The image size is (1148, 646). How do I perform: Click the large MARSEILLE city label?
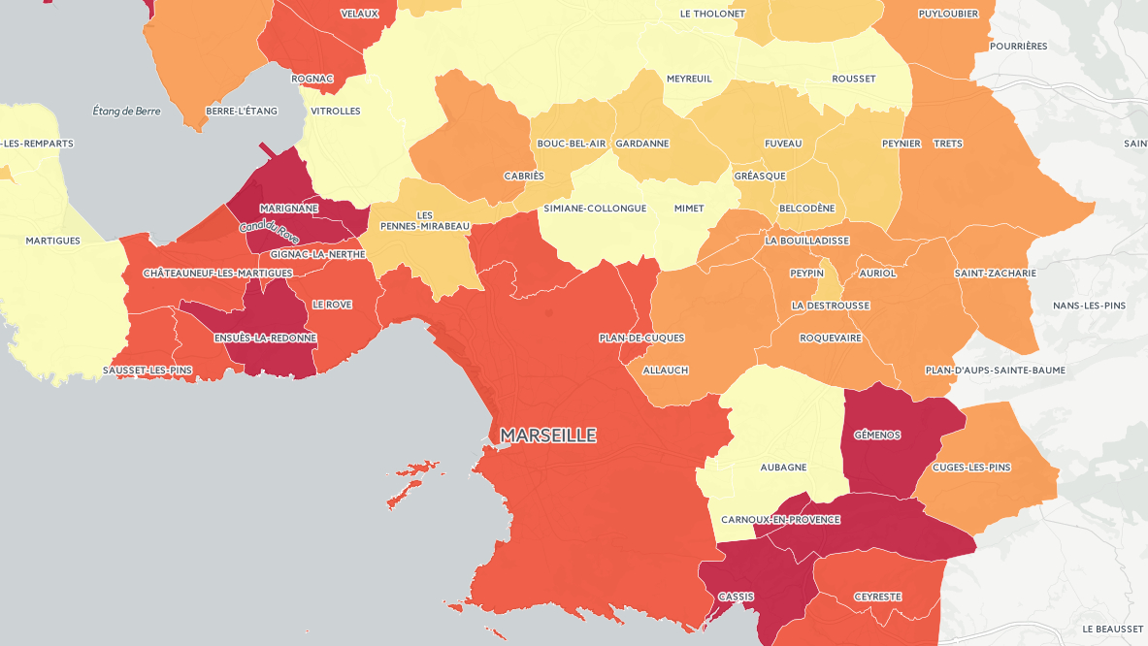click(x=548, y=436)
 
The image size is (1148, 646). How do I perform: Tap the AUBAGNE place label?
click(x=783, y=467)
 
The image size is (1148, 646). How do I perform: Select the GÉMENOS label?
click(x=876, y=435)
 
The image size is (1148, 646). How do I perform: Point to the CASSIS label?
click(x=736, y=597)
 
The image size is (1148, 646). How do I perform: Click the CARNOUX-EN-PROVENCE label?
click(x=780, y=519)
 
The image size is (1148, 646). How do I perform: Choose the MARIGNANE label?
click(x=290, y=209)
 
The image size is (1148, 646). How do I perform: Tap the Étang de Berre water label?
click(x=126, y=111)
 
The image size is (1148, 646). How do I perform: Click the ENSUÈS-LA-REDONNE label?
click(x=265, y=338)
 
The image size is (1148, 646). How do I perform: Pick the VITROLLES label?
click(x=335, y=111)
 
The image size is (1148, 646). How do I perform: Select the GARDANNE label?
click(x=641, y=144)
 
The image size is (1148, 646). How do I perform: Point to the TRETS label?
click(x=947, y=144)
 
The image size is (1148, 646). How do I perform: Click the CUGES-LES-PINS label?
click(x=970, y=467)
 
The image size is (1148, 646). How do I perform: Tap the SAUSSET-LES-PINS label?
click(x=148, y=371)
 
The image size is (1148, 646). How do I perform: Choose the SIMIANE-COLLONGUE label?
click(x=595, y=209)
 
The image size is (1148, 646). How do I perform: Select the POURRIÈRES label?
click(x=1019, y=46)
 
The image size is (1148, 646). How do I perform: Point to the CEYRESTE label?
click(x=877, y=597)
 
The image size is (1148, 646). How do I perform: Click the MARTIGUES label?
click(x=52, y=241)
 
